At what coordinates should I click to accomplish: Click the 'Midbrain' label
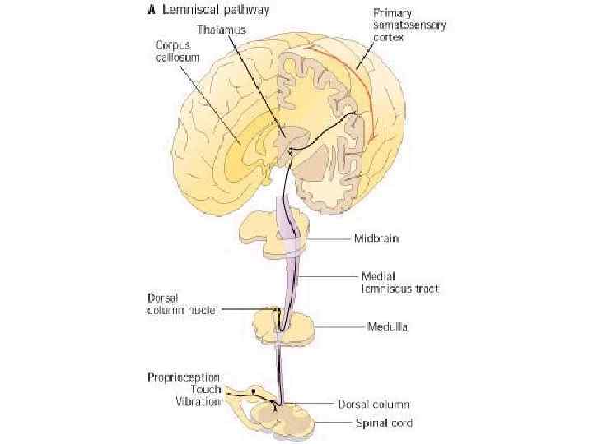378,238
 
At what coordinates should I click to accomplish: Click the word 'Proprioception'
184,377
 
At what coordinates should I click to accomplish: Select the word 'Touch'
206,389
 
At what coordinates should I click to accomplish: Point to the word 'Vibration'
198,401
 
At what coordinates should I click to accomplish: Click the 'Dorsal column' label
375,405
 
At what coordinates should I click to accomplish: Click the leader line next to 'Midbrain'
330,238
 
